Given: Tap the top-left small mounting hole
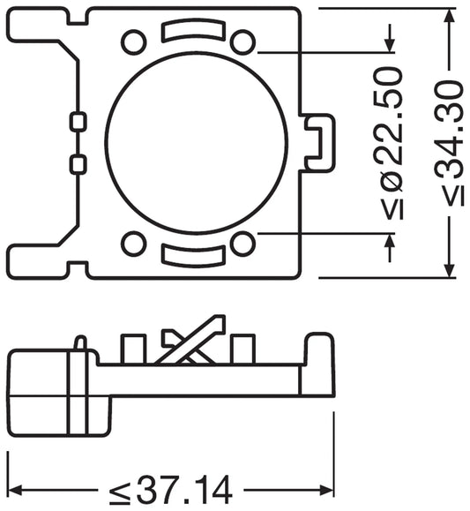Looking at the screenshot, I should pyautogui.click(x=134, y=41).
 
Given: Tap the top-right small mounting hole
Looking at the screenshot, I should pyautogui.click(x=242, y=41).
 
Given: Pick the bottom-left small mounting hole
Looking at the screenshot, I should pyautogui.click(x=134, y=244).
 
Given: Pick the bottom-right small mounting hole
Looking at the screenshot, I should pyautogui.click(x=242, y=244).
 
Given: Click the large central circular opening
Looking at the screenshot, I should pyautogui.click(x=196, y=142).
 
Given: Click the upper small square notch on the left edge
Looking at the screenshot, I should pyautogui.click(x=78, y=121).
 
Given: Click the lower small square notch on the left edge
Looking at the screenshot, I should pyautogui.click(x=78, y=163).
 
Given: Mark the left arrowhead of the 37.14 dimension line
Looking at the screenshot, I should pyautogui.click(x=14, y=488).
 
